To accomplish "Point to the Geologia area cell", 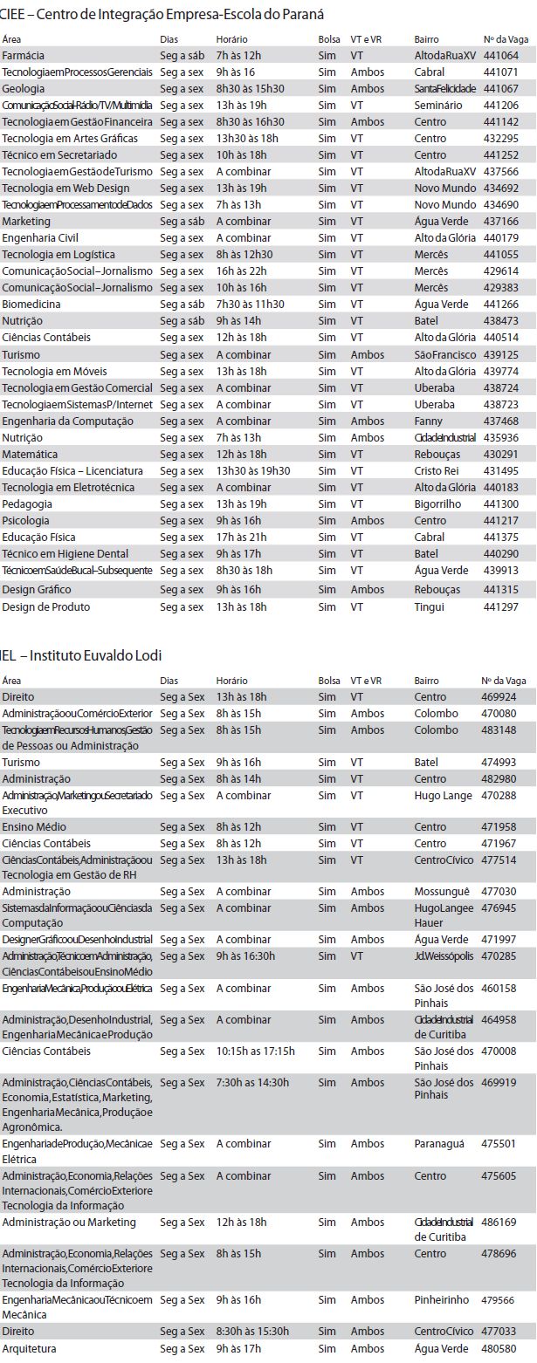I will coord(24,89).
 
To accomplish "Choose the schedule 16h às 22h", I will coord(241,271).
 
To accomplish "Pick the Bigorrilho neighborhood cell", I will coord(437,504).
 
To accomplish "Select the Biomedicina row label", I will coord(31,305).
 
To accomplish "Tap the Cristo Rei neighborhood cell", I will coord(435,471).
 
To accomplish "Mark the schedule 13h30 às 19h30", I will coord(253,471).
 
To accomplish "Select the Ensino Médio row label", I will coord(34,827).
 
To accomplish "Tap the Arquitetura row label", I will coord(29,1349).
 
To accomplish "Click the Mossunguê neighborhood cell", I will coord(441,892).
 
